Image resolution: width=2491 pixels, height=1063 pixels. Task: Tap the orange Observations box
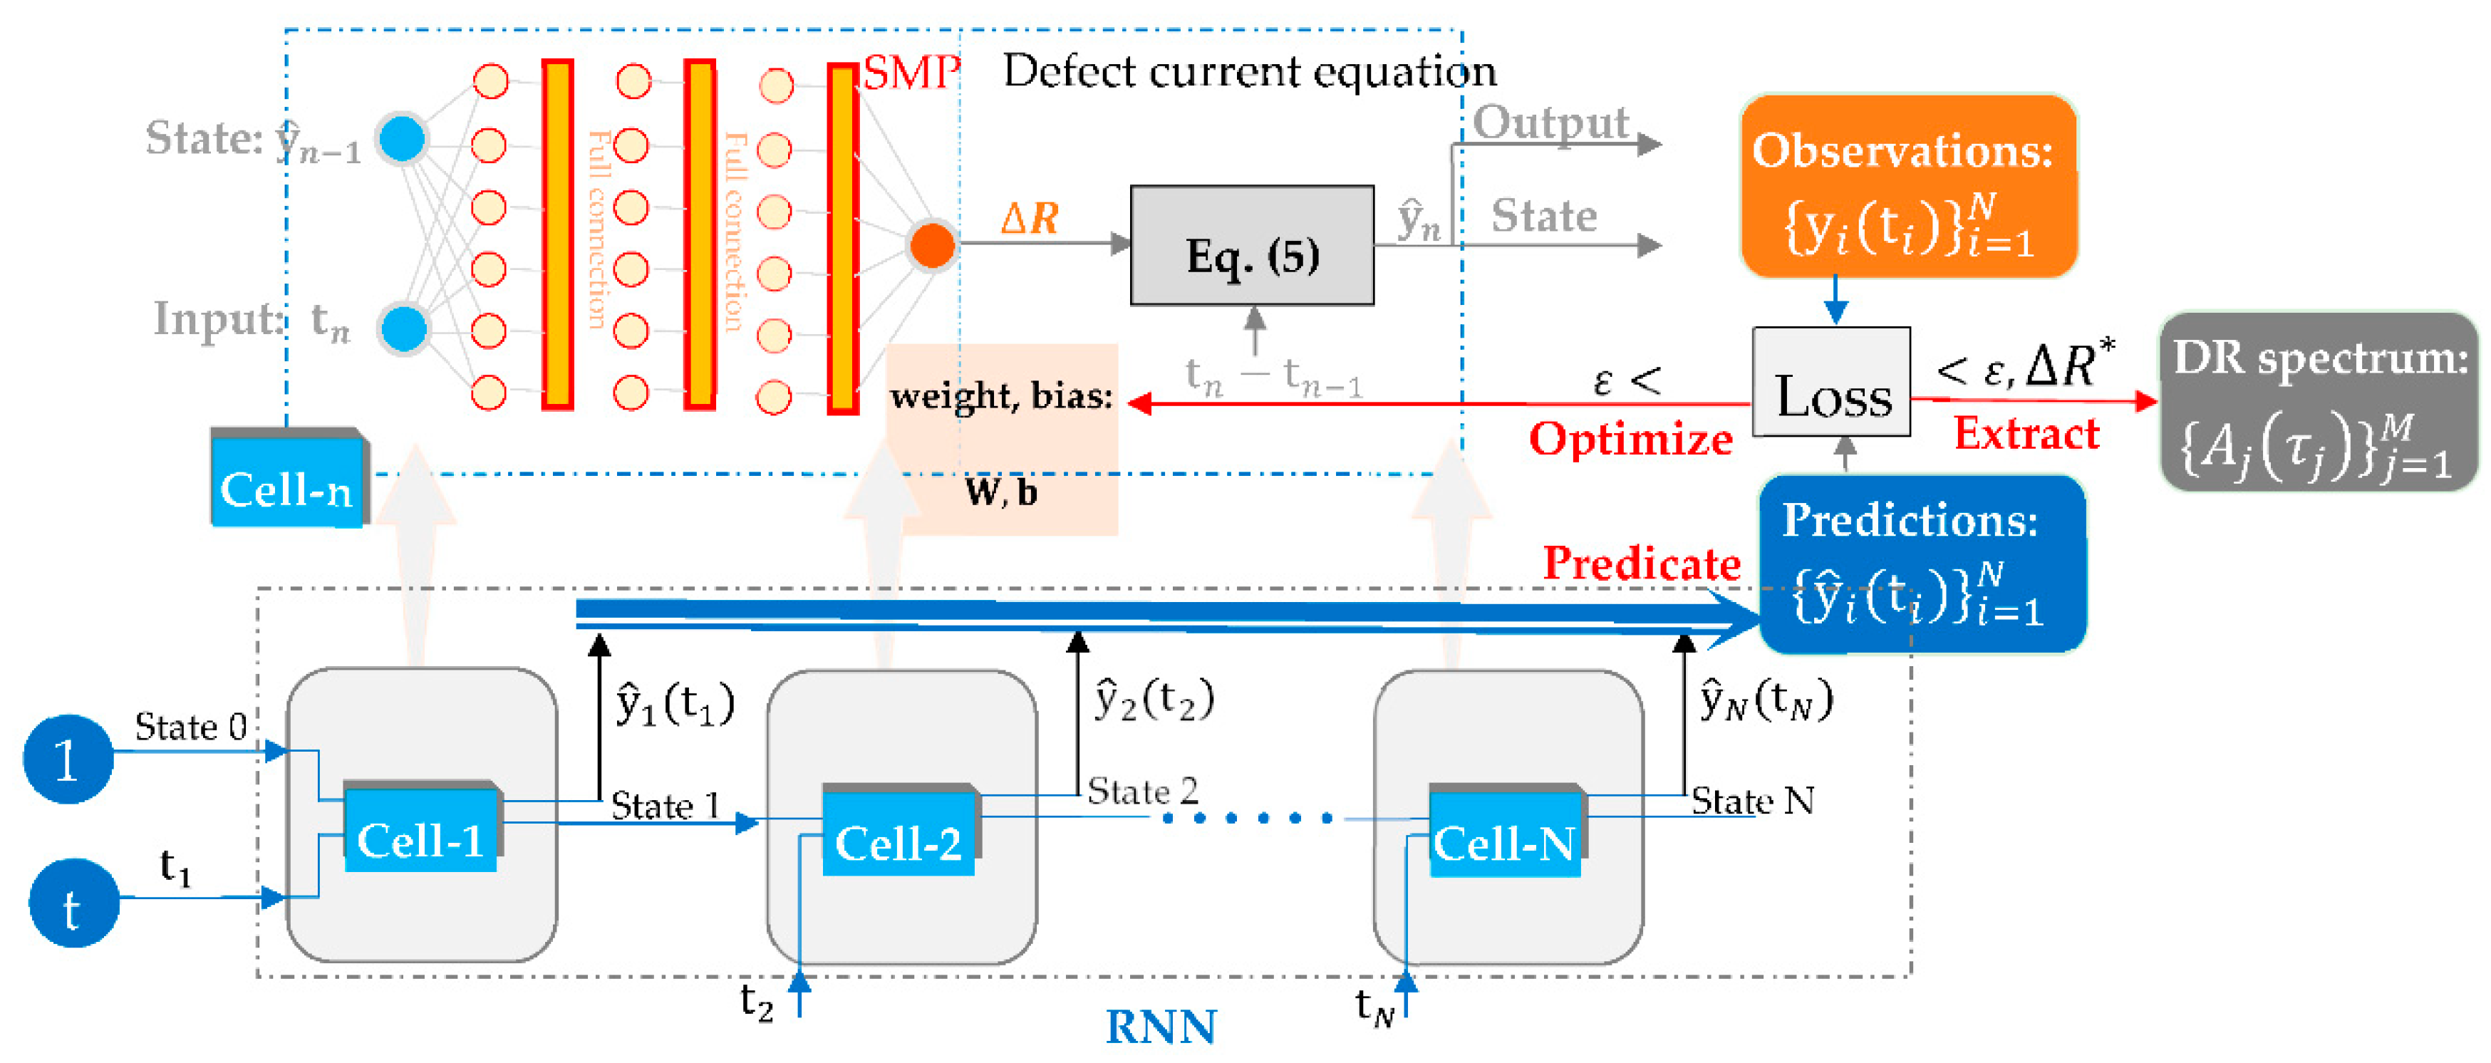click(x=1909, y=187)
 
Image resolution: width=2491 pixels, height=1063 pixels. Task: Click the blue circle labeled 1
click(x=68, y=759)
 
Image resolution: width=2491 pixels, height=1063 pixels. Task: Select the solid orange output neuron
click(x=932, y=244)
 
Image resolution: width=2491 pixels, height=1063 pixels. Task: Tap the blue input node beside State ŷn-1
click(x=403, y=138)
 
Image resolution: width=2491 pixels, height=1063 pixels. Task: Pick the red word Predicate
click(x=1641, y=564)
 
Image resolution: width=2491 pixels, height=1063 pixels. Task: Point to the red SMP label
click(x=911, y=73)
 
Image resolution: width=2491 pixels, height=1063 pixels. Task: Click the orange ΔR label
click(x=1030, y=219)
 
